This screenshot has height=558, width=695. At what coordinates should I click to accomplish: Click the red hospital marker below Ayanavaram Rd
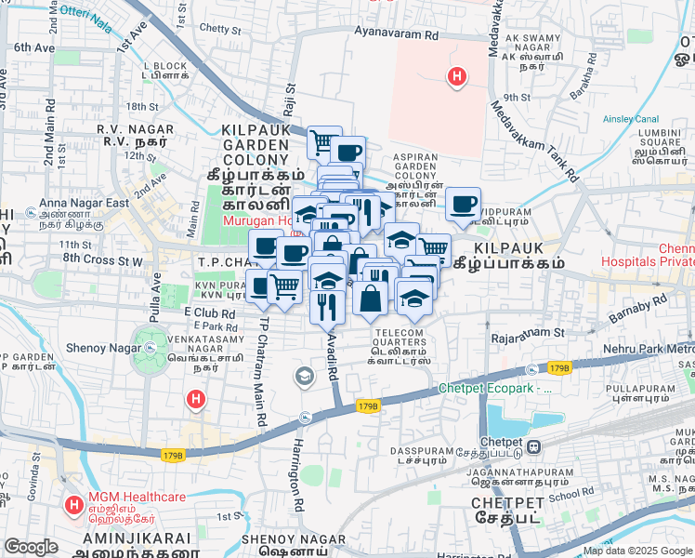pos(456,78)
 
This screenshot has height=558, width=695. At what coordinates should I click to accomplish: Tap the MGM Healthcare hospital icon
pos(74,506)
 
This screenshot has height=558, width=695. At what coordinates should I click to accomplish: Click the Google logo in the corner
pos(31,547)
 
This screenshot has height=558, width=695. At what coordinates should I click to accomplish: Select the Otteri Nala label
pos(85,12)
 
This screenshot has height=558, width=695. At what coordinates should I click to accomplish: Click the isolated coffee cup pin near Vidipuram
pos(462,204)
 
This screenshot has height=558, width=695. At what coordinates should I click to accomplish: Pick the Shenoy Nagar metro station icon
pos(151,348)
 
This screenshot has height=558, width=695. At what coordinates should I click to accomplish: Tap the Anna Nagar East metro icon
pos(33,212)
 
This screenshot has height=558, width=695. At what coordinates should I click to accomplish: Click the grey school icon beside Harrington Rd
pos(303,377)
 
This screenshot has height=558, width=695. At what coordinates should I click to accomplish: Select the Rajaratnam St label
pos(529,331)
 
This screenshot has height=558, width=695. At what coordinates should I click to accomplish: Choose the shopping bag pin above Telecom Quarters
pos(370,299)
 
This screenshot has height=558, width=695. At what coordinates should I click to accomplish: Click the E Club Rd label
pos(210,312)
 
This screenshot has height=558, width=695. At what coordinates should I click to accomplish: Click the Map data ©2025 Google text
pos(637,551)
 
